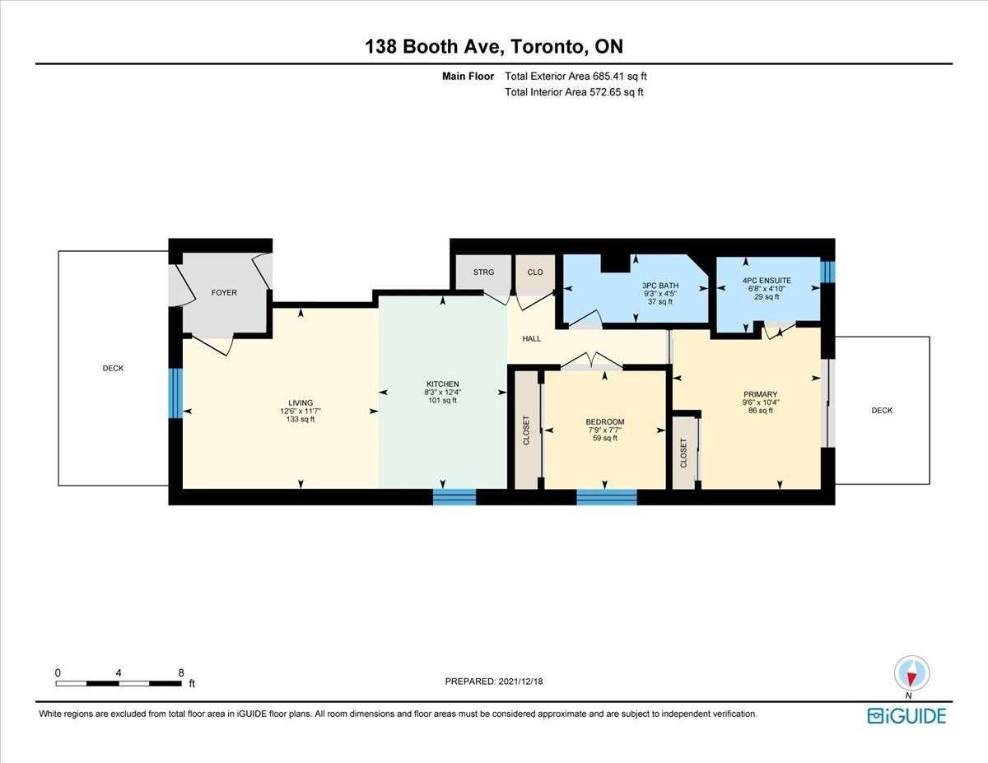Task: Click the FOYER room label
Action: point(224,293)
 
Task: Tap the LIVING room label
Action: point(301,402)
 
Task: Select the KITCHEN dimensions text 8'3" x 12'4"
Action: point(442,392)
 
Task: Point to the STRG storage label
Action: point(483,272)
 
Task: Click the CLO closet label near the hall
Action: point(535,272)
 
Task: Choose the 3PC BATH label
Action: point(660,286)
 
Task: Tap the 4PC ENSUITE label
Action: point(767,281)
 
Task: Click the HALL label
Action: point(532,338)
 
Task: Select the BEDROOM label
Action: point(604,421)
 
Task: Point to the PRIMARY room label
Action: point(760,394)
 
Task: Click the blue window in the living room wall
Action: point(175,393)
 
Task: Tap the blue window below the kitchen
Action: point(454,496)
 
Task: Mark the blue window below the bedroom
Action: point(607,496)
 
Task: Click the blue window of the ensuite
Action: point(827,272)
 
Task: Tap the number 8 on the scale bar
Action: point(181,672)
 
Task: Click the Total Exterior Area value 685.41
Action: point(608,76)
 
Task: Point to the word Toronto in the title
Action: point(547,47)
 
